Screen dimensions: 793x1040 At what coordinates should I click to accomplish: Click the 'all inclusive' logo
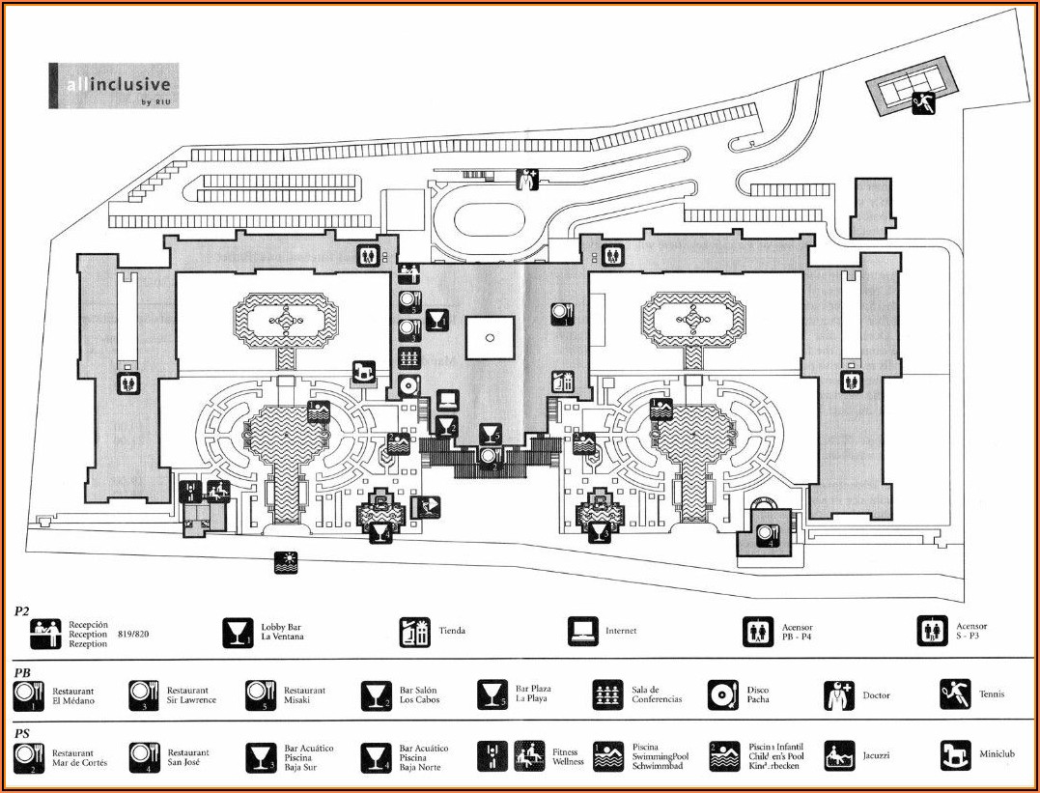tap(113, 86)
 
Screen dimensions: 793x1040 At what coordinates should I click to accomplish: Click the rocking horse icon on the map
tap(364, 371)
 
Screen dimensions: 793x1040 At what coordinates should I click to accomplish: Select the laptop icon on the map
tap(447, 400)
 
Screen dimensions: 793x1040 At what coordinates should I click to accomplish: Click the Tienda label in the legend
tap(452, 632)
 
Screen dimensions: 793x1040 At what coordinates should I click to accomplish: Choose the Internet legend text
tap(621, 632)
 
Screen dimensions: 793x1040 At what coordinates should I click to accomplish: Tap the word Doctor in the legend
tap(876, 695)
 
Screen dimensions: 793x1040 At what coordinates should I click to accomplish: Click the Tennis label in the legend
tap(991, 694)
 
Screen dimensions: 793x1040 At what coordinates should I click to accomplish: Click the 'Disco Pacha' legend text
tap(759, 695)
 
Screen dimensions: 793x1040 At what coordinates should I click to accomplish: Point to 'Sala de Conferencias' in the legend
tap(657, 695)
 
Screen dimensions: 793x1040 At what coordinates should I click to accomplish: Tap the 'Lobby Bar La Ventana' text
tap(282, 632)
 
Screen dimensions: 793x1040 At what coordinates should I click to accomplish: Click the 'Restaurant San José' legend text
tap(188, 758)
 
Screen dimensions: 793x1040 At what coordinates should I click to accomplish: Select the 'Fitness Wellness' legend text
tap(568, 757)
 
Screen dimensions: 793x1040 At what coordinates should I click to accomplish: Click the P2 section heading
tap(21, 611)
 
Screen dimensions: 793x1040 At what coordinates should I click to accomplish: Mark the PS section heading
tap(21, 733)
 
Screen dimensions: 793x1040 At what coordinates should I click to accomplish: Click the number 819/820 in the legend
tap(134, 636)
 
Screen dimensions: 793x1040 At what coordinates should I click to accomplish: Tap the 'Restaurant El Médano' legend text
tap(73, 695)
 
